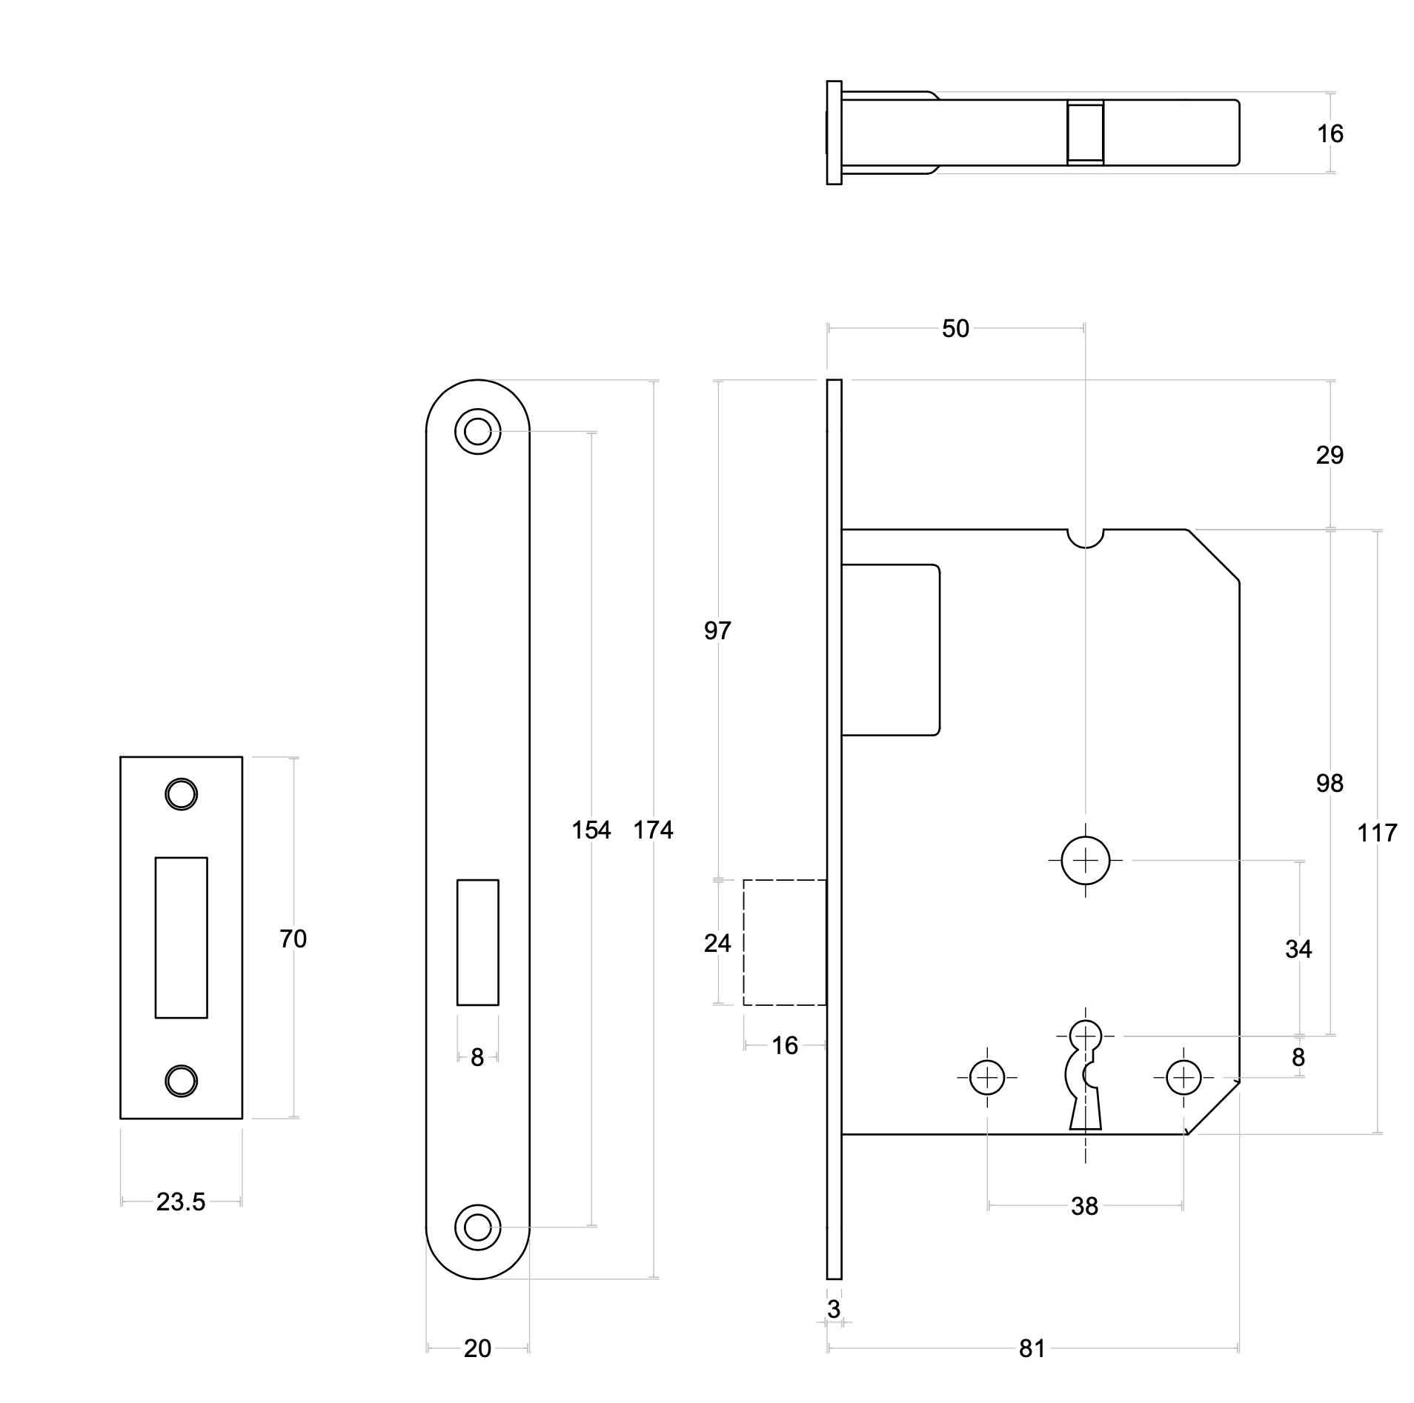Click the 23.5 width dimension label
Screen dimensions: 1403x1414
(180, 1202)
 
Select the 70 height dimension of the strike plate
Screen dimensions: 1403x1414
(293, 939)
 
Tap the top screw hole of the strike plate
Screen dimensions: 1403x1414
(181, 794)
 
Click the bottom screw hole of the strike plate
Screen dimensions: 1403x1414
(181, 1081)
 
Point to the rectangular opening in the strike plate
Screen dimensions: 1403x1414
(181, 937)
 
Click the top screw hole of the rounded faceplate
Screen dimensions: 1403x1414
(477, 431)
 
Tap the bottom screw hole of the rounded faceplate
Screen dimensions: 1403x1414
(477, 1227)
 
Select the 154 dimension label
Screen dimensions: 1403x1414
(591, 830)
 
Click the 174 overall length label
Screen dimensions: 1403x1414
(653, 830)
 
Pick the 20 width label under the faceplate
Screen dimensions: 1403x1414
(477, 1348)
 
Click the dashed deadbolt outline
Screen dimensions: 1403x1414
(784, 942)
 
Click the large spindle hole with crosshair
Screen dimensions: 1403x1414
(1085, 860)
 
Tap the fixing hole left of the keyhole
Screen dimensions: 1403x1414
(986, 1077)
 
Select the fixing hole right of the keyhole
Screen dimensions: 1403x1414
(1184, 1077)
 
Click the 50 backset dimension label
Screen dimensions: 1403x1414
(955, 328)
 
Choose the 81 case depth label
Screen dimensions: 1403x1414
(1032, 1348)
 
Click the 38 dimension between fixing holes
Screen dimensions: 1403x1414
(1084, 1206)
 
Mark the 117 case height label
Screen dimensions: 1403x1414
(1377, 833)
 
